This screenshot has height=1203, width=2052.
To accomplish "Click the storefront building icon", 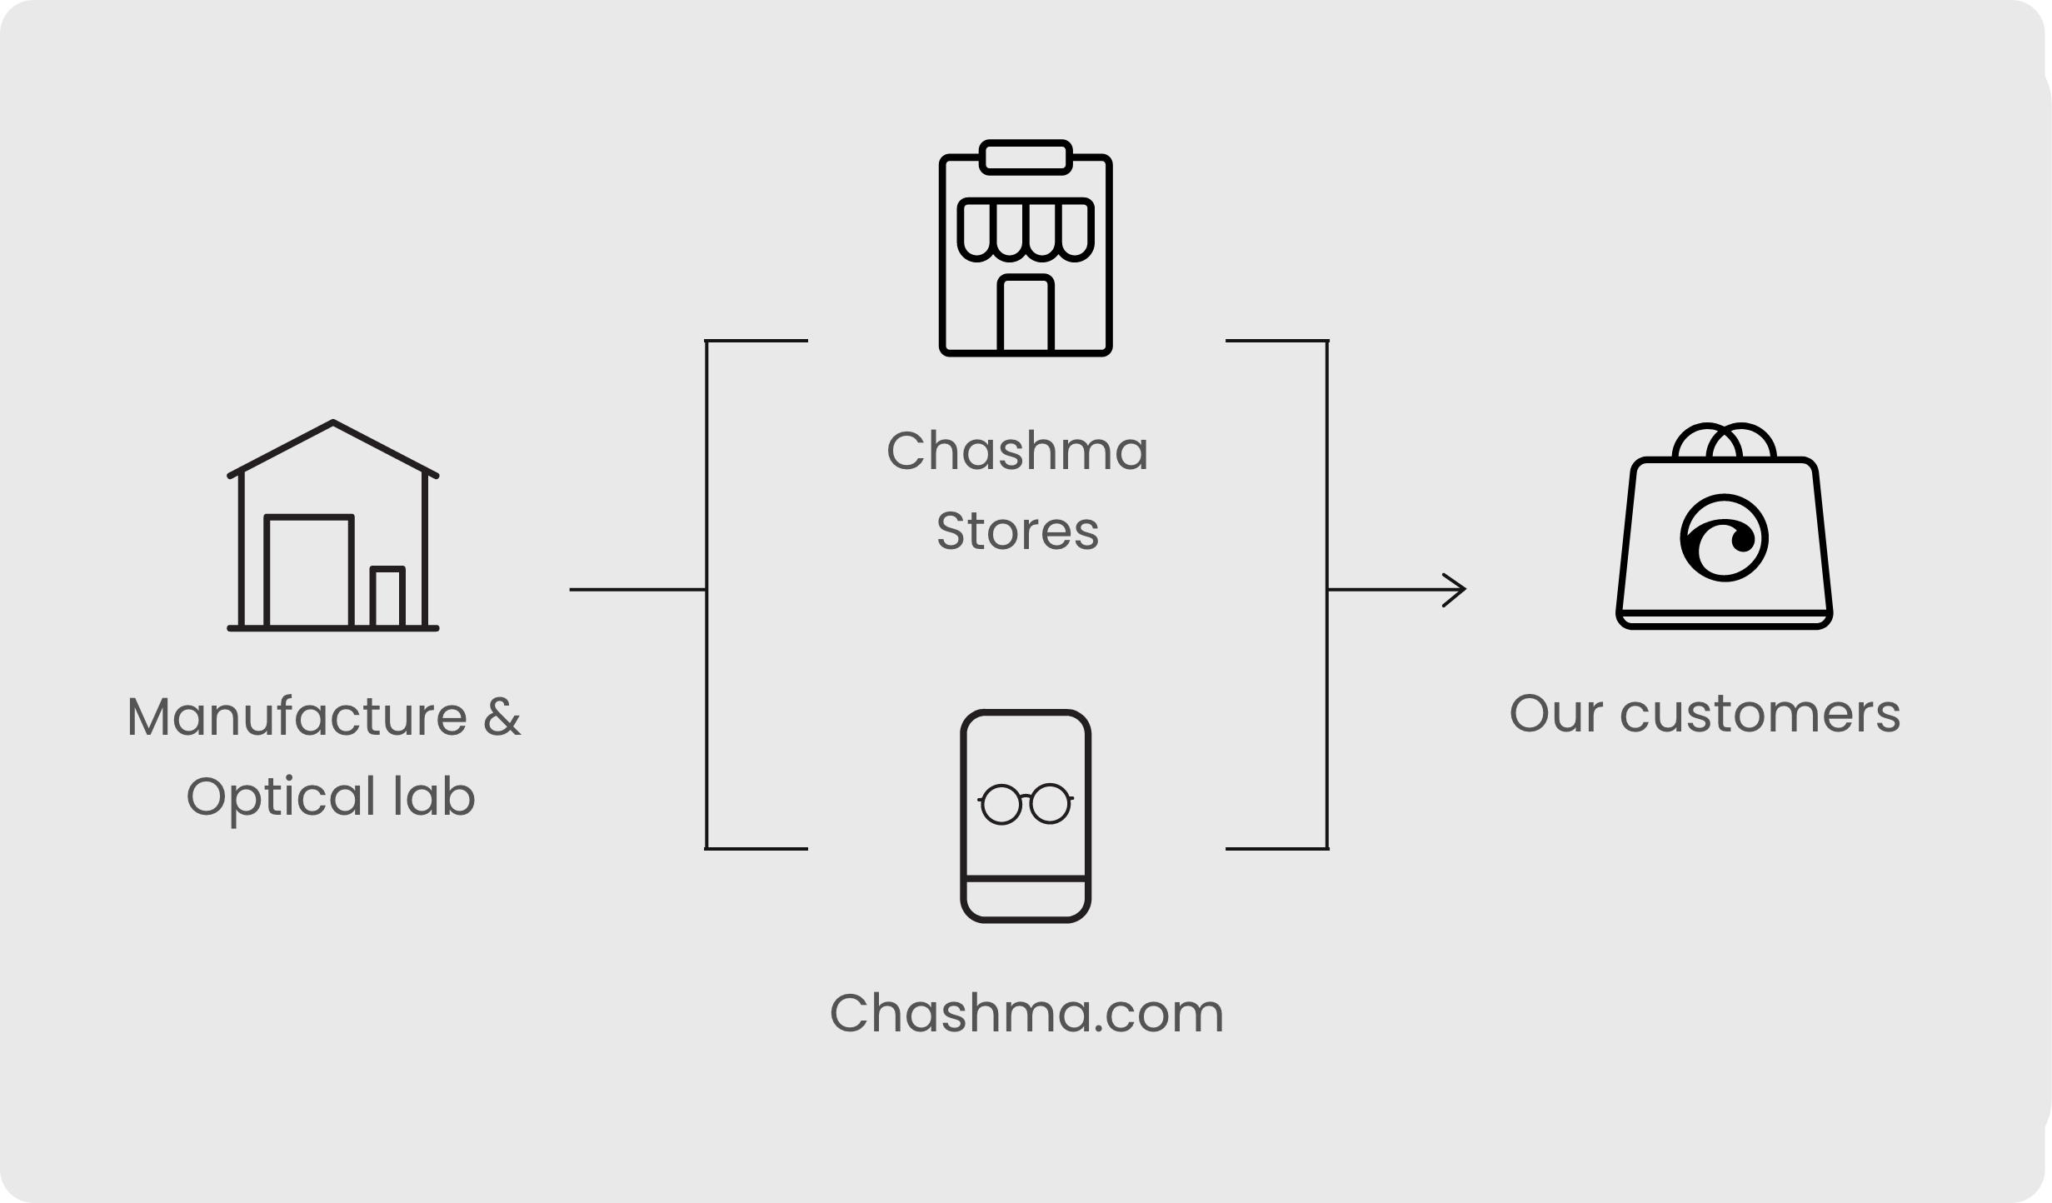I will coord(1026,248).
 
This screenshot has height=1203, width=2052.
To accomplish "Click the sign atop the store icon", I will coord(1026,157).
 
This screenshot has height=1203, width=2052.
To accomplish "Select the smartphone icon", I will coord(1026,816).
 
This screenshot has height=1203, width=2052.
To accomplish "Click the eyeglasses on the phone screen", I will coord(1026,804).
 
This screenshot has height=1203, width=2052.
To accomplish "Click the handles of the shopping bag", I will coord(1724,441).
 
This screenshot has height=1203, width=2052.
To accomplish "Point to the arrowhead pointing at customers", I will coord(1457,590).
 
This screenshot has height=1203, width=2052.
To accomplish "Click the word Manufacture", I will coord(297,716).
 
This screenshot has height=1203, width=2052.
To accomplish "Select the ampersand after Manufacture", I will coord(502,716).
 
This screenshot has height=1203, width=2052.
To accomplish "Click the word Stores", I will coord(1017,531).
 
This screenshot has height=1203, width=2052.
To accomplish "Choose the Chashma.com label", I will coord(1026,1014).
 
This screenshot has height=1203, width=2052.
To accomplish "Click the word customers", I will coord(1760,714).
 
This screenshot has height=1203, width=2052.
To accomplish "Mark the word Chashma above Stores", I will coord(1017,451).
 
